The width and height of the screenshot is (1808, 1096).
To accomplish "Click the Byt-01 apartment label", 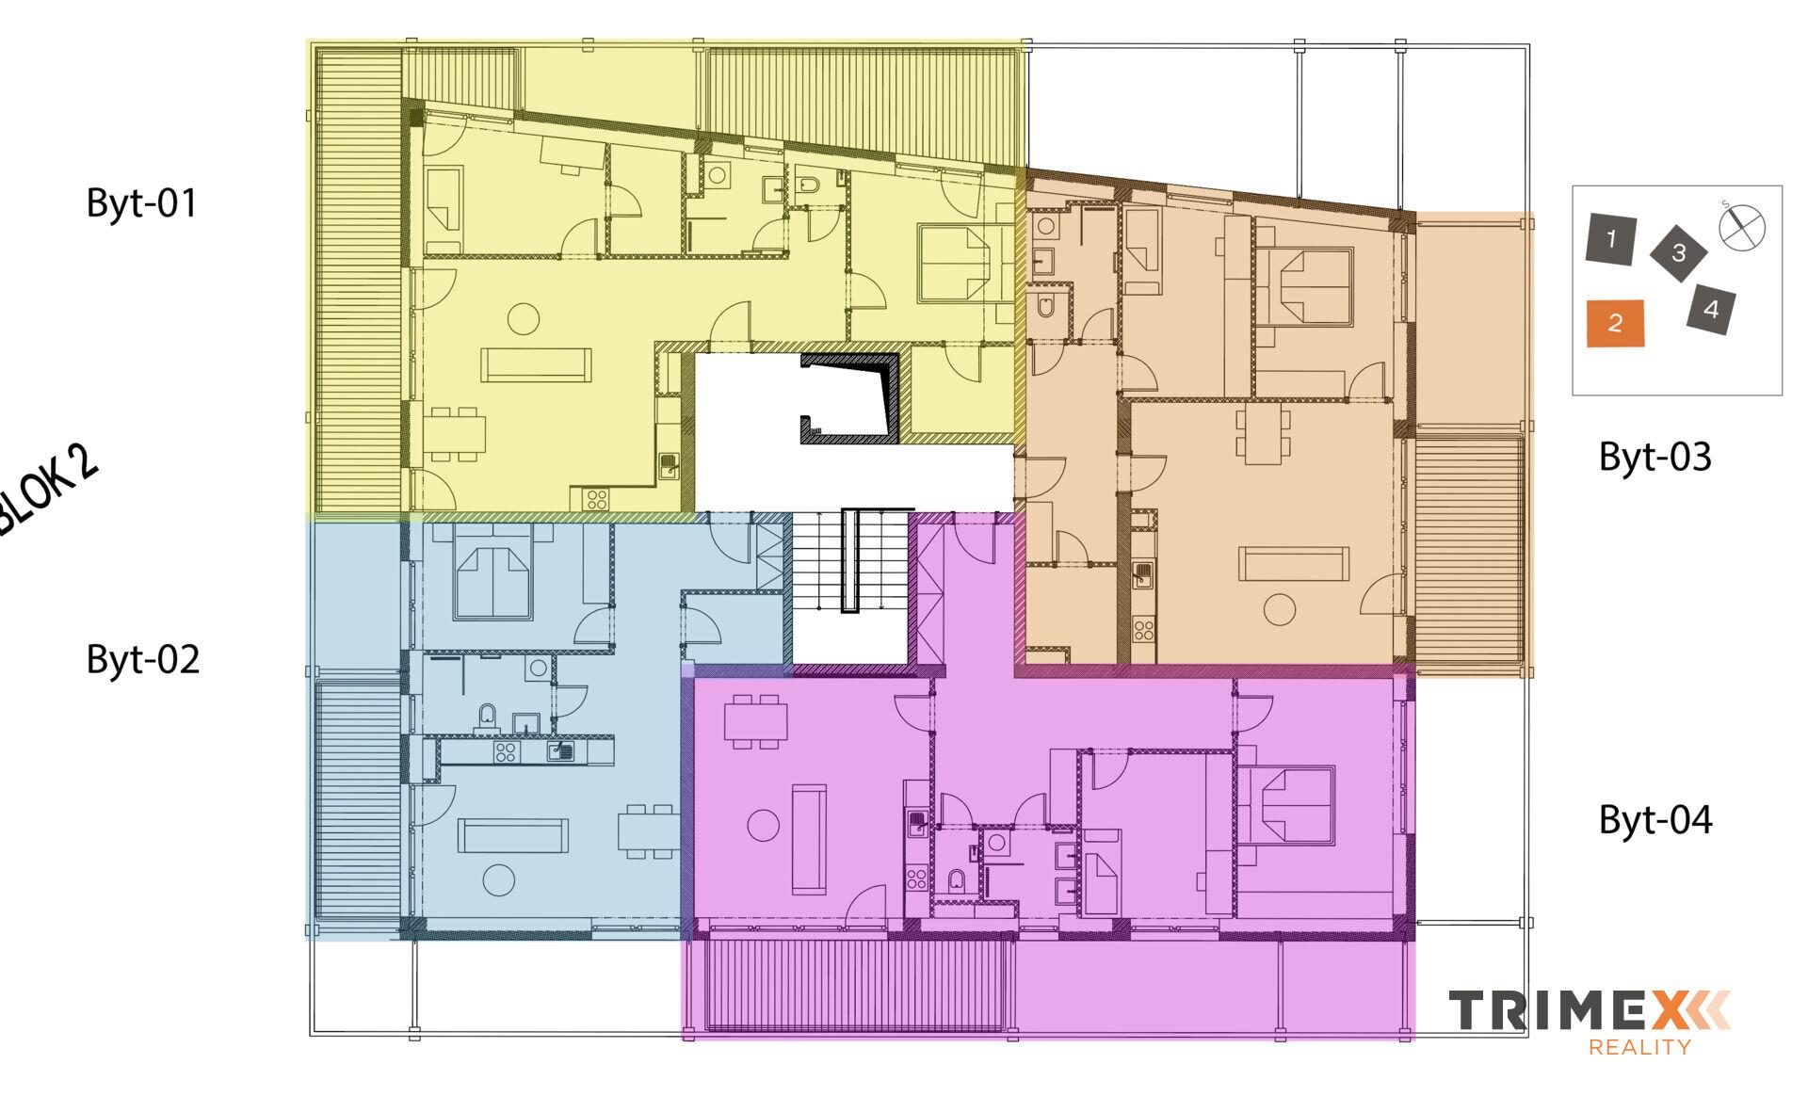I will tap(142, 203).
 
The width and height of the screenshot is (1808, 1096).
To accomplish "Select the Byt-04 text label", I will tap(1655, 820).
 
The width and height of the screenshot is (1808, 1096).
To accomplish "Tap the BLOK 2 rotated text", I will tap(47, 490).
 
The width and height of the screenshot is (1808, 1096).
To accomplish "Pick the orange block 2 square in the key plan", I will tap(1615, 323).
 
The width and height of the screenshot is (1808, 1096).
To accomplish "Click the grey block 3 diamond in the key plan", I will tap(1678, 252).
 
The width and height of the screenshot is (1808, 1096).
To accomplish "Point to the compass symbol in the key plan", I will tap(1741, 227).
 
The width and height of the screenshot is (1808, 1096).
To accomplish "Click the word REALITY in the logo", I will tap(1638, 1046).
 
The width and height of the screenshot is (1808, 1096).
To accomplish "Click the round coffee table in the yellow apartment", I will tap(524, 318).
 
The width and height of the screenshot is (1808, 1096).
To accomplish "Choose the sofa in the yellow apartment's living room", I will tap(536, 364).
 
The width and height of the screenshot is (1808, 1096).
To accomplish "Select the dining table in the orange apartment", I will tap(1261, 434).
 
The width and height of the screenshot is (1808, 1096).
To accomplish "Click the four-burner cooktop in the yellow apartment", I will tap(596, 499).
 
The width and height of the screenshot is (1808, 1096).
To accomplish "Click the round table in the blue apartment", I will tap(498, 879).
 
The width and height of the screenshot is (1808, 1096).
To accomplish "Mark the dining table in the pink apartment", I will tap(756, 722).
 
